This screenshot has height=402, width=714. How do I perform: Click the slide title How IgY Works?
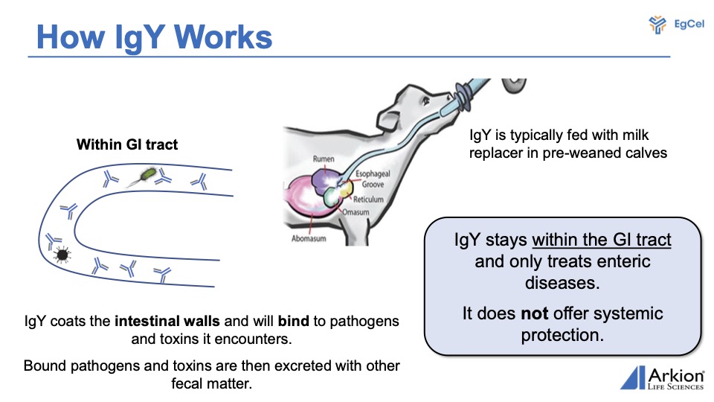pyautogui.click(x=154, y=36)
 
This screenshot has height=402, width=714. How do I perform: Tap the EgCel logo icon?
pyautogui.click(x=657, y=25)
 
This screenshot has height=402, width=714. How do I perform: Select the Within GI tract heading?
pyautogui.click(x=127, y=144)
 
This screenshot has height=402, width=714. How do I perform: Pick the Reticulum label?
pyautogui.click(x=369, y=200)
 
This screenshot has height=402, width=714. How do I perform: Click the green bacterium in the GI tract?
pyautogui.click(x=149, y=174)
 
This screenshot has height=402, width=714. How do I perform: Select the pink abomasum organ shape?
pyautogui.click(x=308, y=205)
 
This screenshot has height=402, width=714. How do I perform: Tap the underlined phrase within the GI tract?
pyautogui.click(x=602, y=240)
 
